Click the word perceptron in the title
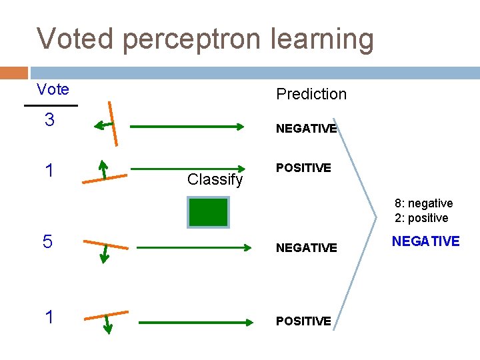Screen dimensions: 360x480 pyautogui.click(x=205, y=40)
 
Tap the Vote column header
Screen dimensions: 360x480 pyautogui.click(x=53, y=89)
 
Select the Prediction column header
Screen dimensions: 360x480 pyautogui.click(x=311, y=94)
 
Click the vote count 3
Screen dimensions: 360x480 pyautogui.click(x=49, y=121)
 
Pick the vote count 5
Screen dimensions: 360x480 pyautogui.click(x=47, y=241)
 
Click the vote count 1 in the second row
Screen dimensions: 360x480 pyautogui.click(x=49, y=171)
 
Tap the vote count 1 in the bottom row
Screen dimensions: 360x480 pyautogui.click(x=49, y=317)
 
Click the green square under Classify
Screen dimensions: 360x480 pyautogui.click(x=208, y=212)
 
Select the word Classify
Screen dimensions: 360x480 pyautogui.click(x=215, y=179)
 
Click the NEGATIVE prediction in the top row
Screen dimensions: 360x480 pyautogui.click(x=306, y=129)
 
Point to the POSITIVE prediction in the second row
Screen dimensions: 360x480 pyautogui.click(x=303, y=168)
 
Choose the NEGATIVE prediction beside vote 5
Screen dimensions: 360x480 pyautogui.click(x=306, y=248)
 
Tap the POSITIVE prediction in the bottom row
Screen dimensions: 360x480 pyautogui.click(x=303, y=321)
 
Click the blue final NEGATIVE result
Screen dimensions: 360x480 pyautogui.click(x=425, y=241)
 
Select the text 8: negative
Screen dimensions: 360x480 pyautogui.click(x=423, y=203)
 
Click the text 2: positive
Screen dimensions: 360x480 pyautogui.click(x=421, y=218)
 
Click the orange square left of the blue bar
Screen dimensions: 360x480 pyautogui.click(x=14, y=73)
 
